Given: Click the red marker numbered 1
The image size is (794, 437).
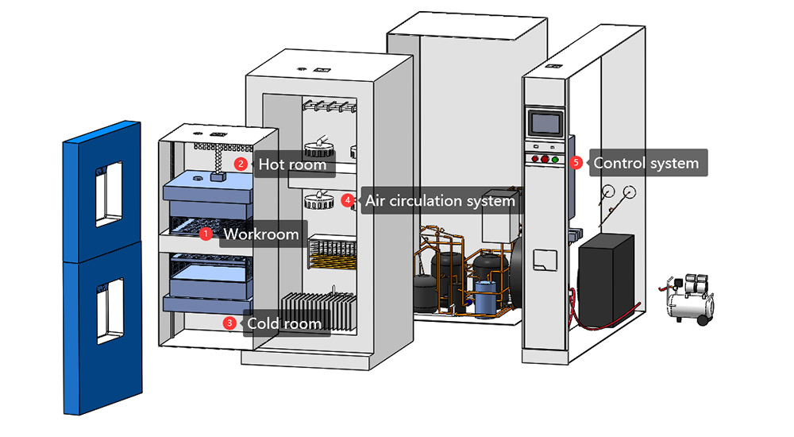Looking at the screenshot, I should click(x=205, y=234).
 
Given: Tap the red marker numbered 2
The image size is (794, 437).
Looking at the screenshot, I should click(x=239, y=164).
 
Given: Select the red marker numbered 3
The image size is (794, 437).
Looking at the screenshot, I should click(x=229, y=323).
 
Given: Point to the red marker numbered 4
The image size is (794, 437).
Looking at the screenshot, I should click(x=347, y=200).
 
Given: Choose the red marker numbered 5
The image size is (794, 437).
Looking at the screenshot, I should click(x=576, y=162).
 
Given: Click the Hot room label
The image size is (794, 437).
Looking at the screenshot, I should click(x=291, y=164).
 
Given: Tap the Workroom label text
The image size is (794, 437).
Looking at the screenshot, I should click(x=261, y=234).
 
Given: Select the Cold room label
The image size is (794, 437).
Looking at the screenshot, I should click(x=284, y=323).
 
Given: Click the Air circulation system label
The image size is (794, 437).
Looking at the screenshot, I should click(x=440, y=201).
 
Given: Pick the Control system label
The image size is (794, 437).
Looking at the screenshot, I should click(x=646, y=163).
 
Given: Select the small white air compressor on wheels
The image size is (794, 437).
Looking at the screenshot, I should click(x=688, y=298).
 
